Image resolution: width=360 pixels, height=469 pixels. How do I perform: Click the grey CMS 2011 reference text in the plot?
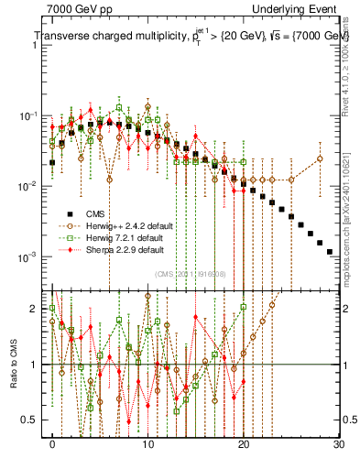tap(192, 273)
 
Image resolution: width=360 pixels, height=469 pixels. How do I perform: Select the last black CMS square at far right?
tap(330, 251)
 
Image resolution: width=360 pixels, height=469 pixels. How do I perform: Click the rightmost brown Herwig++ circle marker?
tap(320, 158)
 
